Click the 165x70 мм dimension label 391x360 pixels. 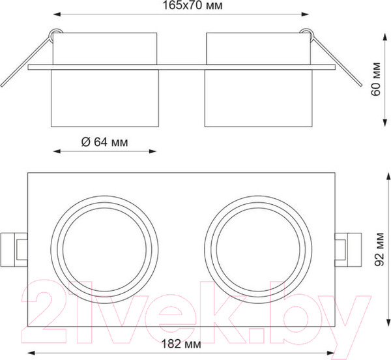pyautogui.click(x=192, y=5)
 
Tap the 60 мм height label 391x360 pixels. pyautogui.click(x=376, y=79)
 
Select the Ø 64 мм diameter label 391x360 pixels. pyautogui.click(x=104, y=142)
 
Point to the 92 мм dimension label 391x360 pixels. pyautogui.click(x=379, y=250)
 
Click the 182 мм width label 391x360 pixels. pyautogui.click(x=181, y=344)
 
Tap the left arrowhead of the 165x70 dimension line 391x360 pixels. pyautogui.click(x=57, y=14)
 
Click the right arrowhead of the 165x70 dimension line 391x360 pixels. pyautogui.click(x=305, y=14)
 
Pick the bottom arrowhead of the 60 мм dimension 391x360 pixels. pyautogui.click(x=385, y=123)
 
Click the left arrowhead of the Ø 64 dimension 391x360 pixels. pyautogui.click(x=57, y=151)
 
